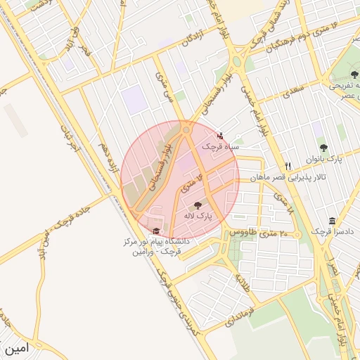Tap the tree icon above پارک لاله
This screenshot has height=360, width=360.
(196, 205)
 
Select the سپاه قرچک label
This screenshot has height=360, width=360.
(221, 146)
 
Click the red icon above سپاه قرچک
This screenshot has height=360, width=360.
(221, 136)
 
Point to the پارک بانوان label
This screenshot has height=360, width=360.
(323, 159)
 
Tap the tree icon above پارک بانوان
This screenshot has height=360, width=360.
(323, 148)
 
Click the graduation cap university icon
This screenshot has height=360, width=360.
(155, 231)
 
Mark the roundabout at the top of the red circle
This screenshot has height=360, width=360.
(186, 130)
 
